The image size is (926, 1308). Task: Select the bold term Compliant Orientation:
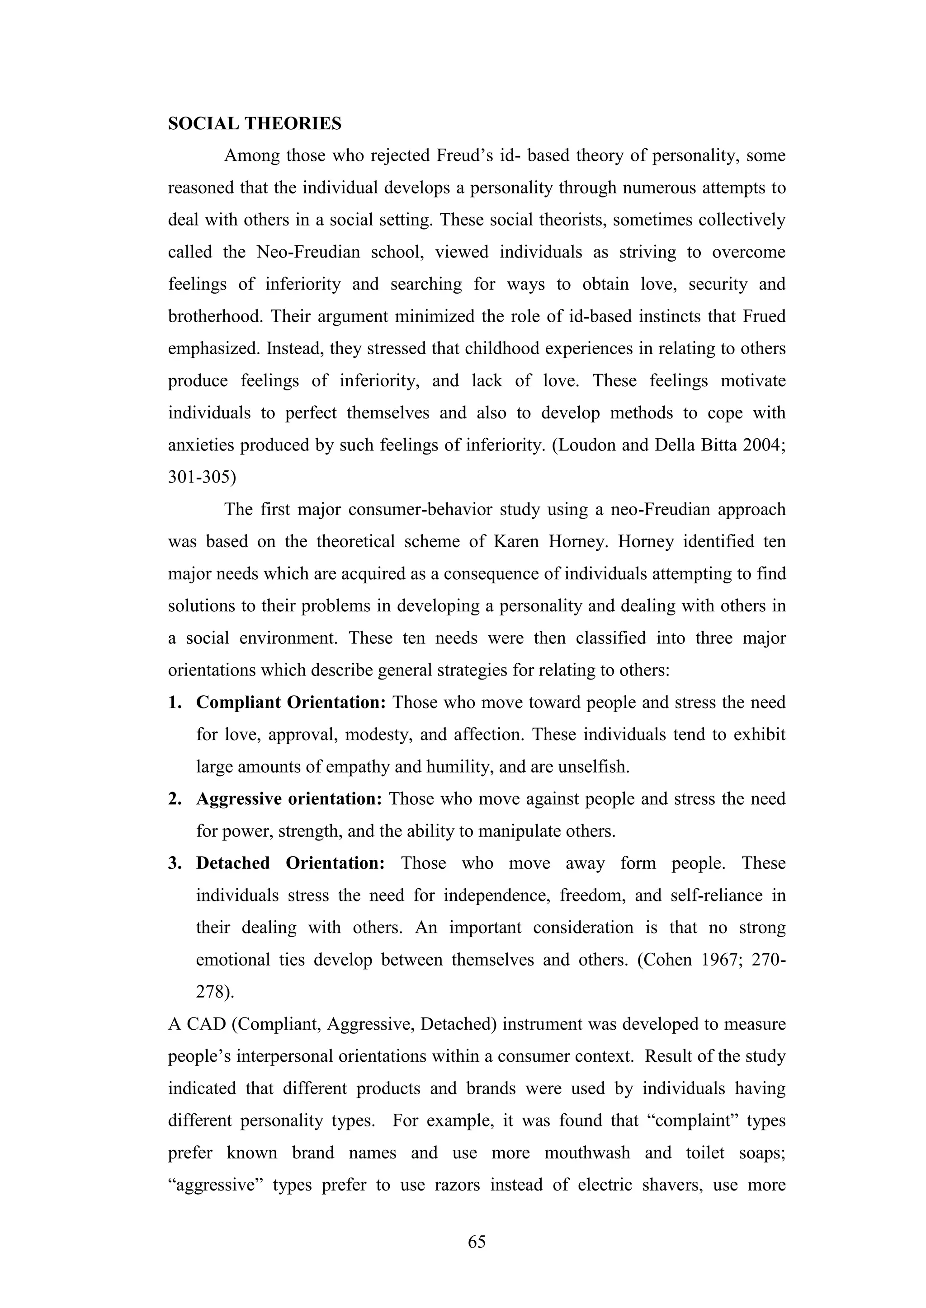291,703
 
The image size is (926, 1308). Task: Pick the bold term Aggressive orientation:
288,799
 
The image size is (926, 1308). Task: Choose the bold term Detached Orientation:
291,863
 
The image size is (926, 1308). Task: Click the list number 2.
174,799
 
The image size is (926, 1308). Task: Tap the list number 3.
174,863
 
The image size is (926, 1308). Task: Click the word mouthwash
587,1153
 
